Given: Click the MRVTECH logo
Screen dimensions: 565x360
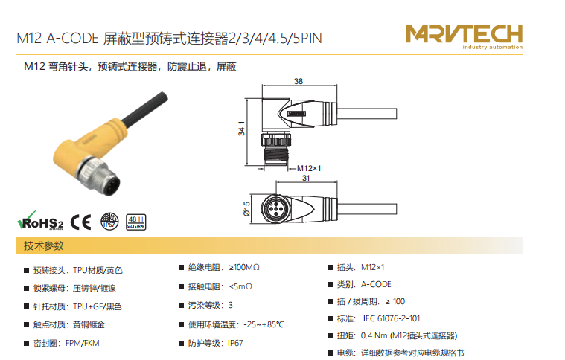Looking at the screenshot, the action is pos(464,36).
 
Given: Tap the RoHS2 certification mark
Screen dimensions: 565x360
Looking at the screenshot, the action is pos(40,220).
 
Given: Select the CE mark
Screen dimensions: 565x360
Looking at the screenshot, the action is pos(80,222).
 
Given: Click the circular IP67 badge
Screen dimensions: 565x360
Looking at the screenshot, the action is pos(109,221).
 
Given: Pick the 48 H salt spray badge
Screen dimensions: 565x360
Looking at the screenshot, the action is pos(135,222).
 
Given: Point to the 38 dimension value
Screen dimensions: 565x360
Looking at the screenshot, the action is pos(299,81).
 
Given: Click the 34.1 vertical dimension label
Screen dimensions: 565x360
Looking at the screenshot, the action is pos(241,129).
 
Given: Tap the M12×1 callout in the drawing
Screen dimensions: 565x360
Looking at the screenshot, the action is pos(309,168).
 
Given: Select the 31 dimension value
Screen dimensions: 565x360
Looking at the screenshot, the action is pos(306,178).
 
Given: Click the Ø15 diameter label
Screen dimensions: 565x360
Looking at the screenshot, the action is pos(246,209).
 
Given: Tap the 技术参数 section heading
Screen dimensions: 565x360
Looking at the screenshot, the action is pos(44,246).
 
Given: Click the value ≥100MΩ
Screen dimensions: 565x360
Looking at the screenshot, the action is pos(244,267).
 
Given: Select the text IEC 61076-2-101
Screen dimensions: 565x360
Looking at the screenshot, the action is pos(391,318).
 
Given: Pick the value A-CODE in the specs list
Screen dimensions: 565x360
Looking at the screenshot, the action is pos(376,284).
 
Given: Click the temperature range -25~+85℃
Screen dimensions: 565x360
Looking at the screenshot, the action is pos(264,325).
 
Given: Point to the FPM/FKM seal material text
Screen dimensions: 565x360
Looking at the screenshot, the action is pos(82,343).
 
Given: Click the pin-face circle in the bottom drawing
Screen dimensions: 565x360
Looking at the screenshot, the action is pos(275,208).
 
